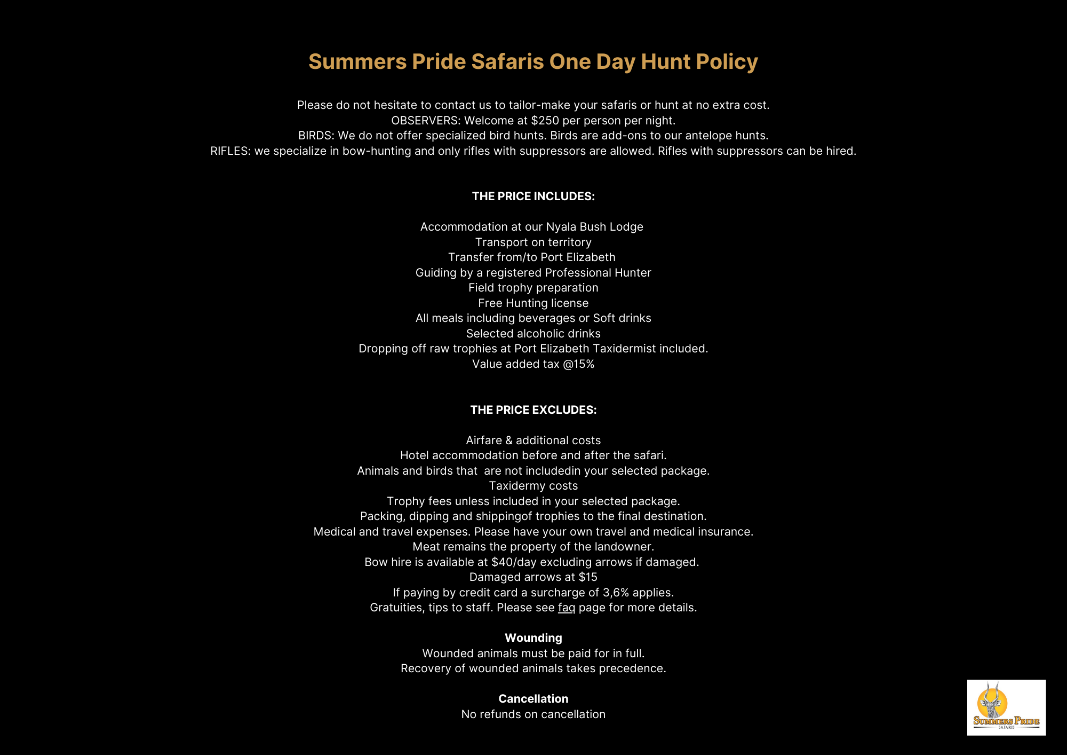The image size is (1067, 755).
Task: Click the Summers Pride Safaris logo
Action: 1006,707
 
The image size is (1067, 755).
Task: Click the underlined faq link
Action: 566,608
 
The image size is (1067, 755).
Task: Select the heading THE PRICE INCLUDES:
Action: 533,196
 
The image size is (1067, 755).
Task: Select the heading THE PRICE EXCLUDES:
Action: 533,410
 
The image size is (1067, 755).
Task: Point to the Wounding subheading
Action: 533,638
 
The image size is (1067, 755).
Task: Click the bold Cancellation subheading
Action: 533,699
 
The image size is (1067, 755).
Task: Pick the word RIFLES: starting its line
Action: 230,151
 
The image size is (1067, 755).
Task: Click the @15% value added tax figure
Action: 578,364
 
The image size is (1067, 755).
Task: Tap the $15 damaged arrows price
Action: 588,577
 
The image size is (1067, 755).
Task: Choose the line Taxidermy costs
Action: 533,486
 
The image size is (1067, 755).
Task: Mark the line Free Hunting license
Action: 533,303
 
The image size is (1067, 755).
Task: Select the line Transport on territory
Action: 533,242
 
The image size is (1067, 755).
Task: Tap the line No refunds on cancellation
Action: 533,714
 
